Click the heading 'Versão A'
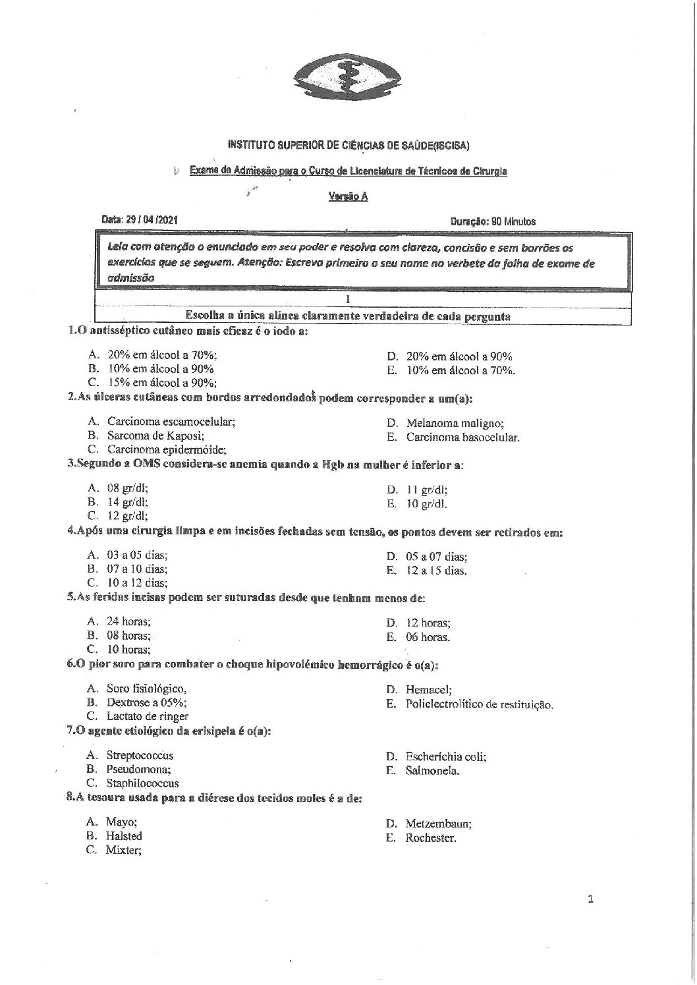pyautogui.click(x=348, y=196)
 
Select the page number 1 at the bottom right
pyautogui.click(x=590, y=898)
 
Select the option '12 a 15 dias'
pyautogui.click(x=436, y=571)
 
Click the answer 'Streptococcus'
pyautogui.click(x=140, y=755)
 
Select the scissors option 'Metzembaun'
pyautogui.click(x=439, y=824)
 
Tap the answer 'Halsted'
pyautogui.click(x=124, y=836)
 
